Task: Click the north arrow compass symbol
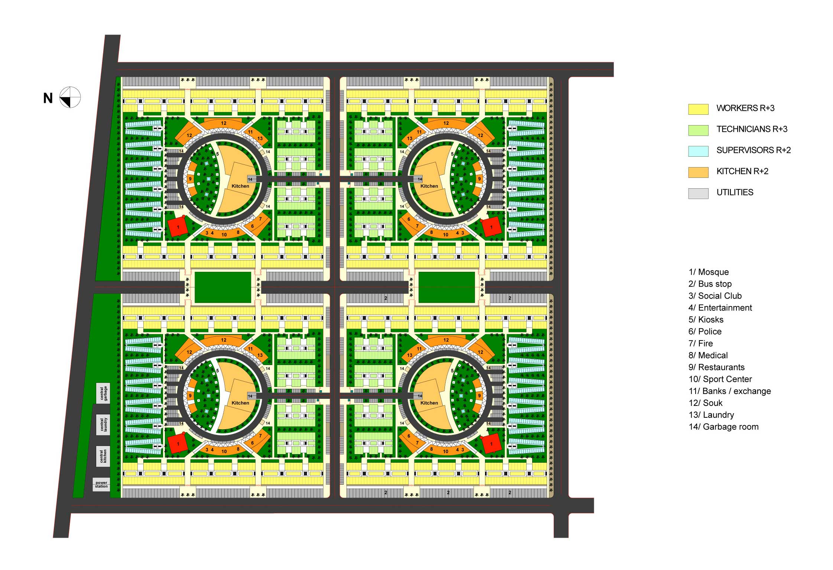pos(70,97)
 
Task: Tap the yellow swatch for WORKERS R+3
pos(698,109)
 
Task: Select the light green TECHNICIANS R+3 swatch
pos(698,130)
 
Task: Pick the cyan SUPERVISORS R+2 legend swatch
pos(698,151)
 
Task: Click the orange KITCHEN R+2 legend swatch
pos(698,172)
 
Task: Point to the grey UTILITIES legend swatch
pos(698,193)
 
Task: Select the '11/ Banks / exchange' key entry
pos(730,391)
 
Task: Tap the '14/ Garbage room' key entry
pos(723,427)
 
